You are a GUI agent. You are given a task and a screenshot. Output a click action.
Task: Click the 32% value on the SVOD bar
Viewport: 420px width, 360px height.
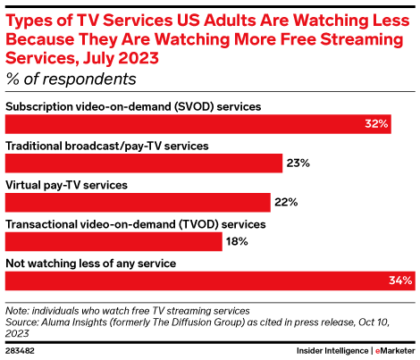376,123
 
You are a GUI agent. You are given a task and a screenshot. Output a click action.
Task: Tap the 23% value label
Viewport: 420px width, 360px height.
298,163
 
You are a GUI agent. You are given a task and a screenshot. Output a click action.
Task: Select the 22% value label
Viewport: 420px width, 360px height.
286,202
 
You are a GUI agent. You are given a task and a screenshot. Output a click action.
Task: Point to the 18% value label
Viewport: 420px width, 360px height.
237,241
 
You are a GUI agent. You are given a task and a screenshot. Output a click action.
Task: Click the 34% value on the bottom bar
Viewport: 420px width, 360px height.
400,280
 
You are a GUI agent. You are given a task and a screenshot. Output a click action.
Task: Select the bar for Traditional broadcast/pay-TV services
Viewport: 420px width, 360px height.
144,163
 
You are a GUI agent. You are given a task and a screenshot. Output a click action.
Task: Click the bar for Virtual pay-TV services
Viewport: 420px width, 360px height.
138,203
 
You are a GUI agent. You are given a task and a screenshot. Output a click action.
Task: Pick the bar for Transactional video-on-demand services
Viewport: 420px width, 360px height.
113,241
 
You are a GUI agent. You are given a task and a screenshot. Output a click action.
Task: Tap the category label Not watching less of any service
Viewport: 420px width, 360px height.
91,264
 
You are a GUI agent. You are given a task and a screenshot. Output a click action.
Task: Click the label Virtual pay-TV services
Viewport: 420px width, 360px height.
67,185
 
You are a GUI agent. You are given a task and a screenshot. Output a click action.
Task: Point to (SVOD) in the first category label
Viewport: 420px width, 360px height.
194,106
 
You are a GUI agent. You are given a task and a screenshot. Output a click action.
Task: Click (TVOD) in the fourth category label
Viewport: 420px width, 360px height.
198,224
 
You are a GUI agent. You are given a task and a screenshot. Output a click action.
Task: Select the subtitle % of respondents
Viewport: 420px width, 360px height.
71,80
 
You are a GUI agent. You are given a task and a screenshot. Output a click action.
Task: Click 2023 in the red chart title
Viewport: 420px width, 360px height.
139,58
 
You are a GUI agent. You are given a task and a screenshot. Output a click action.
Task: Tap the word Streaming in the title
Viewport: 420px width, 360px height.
362,39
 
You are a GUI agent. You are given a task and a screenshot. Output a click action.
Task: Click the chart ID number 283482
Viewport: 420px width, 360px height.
20,351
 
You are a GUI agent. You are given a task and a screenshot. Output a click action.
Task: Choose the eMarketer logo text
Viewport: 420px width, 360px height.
395,351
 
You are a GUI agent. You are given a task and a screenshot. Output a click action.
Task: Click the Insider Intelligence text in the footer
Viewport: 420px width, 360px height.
332,351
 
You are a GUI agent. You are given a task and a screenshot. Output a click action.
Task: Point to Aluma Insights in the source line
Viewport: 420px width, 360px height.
74,322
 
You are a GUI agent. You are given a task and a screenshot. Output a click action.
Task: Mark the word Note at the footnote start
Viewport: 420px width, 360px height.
17,311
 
